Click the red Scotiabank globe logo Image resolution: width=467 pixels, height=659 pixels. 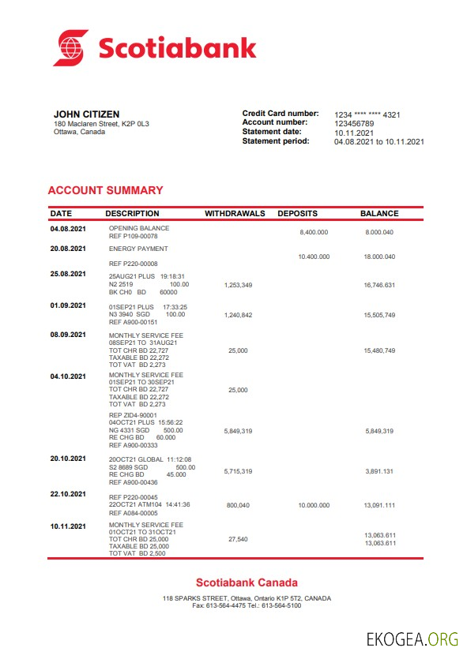[71, 47]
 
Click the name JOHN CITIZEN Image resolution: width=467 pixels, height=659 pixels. [87, 114]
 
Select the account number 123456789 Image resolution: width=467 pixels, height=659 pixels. [354, 124]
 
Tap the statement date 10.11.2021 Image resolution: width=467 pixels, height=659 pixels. [354, 133]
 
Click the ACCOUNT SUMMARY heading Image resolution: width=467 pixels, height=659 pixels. [105, 190]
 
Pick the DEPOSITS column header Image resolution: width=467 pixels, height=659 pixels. [297, 214]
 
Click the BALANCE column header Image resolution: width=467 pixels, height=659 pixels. [379, 214]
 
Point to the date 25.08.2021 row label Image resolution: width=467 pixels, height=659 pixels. [68, 274]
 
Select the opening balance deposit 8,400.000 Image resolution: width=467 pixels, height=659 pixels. [314, 233]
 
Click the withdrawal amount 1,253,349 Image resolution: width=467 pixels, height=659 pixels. [238, 285]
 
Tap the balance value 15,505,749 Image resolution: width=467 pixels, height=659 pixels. [379, 315]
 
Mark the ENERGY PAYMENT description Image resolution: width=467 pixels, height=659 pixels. [138, 249]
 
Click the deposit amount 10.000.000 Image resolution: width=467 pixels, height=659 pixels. [314, 504]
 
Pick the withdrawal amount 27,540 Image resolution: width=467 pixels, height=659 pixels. [238, 539]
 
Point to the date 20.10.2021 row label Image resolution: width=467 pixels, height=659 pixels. [68, 458]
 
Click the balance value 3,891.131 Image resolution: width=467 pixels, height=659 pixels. [379, 471]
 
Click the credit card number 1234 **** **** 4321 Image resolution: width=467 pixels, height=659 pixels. [367, 115]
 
